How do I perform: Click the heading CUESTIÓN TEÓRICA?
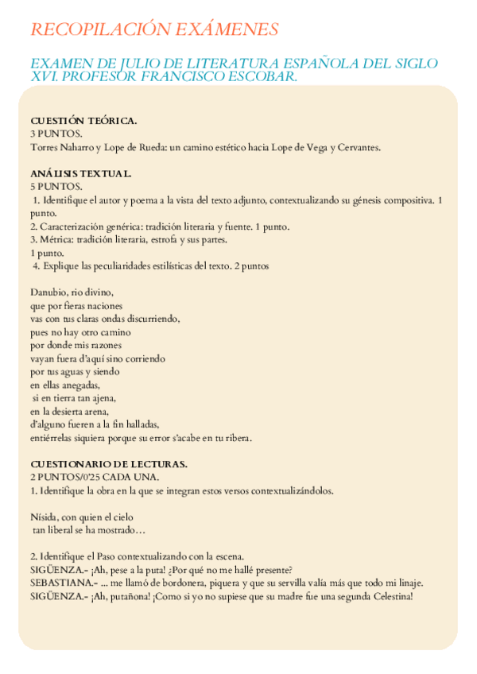coord(83,121)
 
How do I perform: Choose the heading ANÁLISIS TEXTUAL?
coord(81,172)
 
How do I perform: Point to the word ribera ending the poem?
coord(236,438)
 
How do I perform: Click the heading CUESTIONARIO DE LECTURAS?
coord(108,463)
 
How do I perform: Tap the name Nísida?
coord(46,516)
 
